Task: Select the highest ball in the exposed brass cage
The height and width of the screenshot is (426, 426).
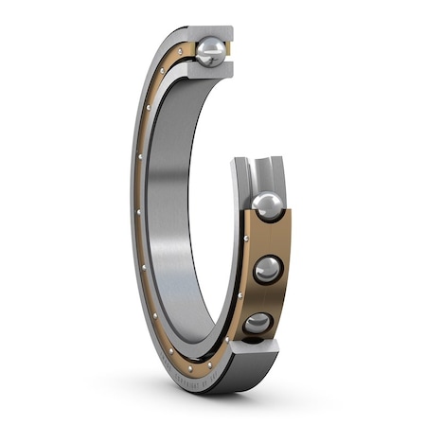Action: click(268, 205)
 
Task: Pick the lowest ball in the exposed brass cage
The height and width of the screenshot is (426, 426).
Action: click(257, 326)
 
